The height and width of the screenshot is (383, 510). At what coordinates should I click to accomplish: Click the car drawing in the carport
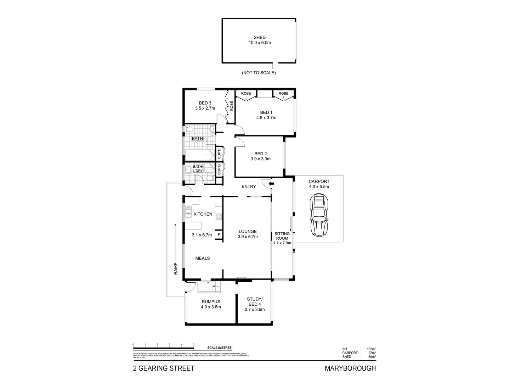[x=319, y=215]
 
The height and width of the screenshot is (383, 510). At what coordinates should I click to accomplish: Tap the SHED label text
[x=259, y=37]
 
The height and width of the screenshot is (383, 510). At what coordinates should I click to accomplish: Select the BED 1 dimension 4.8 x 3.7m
[x=266, y=118]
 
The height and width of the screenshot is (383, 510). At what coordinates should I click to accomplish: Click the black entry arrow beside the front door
[x=271, y=184]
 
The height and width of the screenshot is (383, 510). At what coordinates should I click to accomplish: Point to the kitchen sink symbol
[x=188, y=212]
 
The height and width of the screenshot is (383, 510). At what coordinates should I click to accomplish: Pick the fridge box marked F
[x=219, y=234]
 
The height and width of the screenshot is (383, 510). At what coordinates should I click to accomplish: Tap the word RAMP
[x=175, y=268]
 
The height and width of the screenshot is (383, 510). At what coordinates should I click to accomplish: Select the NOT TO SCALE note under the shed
[x=259, y=73]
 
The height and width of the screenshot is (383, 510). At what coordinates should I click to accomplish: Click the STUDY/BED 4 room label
[x=255, y=301]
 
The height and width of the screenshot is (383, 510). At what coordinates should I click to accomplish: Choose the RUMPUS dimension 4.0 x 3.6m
[x=211, y=307]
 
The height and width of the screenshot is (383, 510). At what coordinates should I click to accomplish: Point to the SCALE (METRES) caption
[x=220, y=348]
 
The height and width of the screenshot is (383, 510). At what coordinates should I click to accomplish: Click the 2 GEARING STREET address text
[x=164, y=368]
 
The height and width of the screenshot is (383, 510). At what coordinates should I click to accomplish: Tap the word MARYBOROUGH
[x=350, y=368]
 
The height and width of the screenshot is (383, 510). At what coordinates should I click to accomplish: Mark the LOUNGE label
[x=247, y=232]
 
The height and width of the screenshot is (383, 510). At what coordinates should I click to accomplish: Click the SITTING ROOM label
[x=282, y=236]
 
